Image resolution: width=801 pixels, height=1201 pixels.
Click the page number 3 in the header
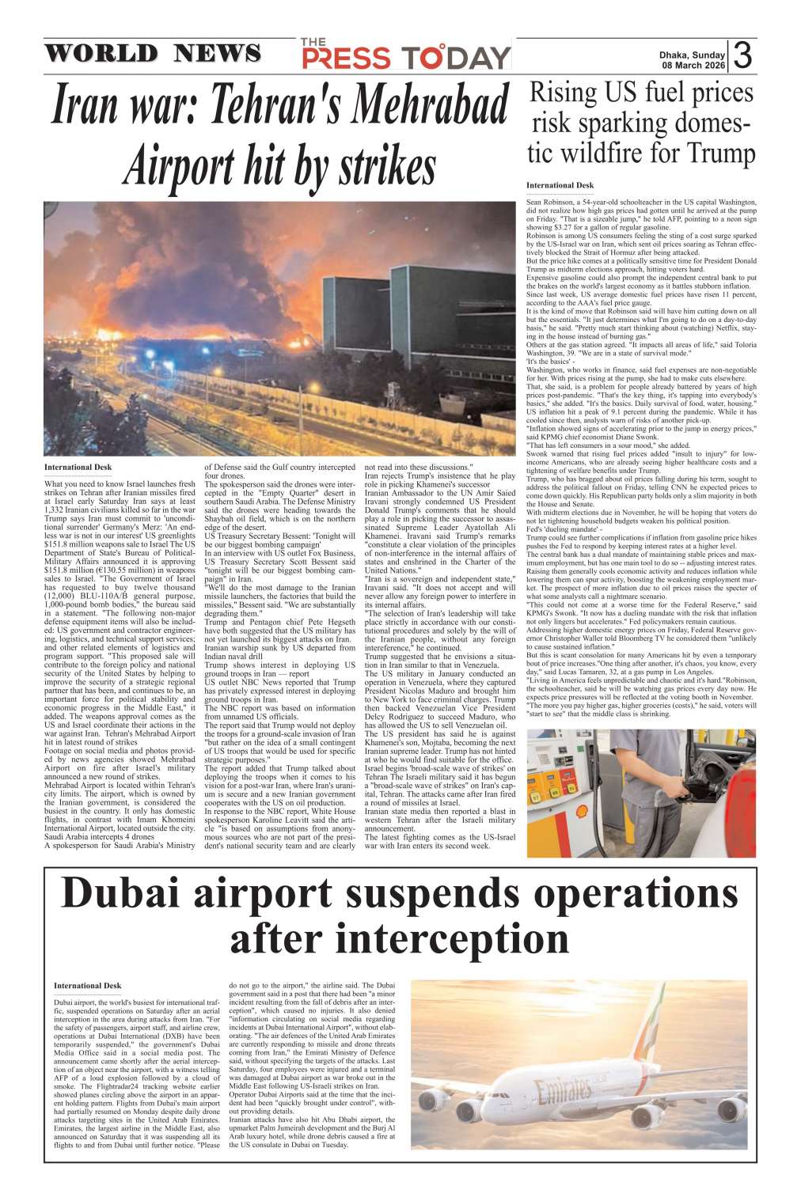(742, 55)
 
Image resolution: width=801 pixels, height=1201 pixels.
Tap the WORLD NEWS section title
(152, 54)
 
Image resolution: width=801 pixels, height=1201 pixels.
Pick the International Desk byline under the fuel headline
(560, 185)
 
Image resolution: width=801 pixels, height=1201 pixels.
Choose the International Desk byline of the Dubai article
(87, 986)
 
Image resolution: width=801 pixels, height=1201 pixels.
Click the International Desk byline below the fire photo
(78, 468)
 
